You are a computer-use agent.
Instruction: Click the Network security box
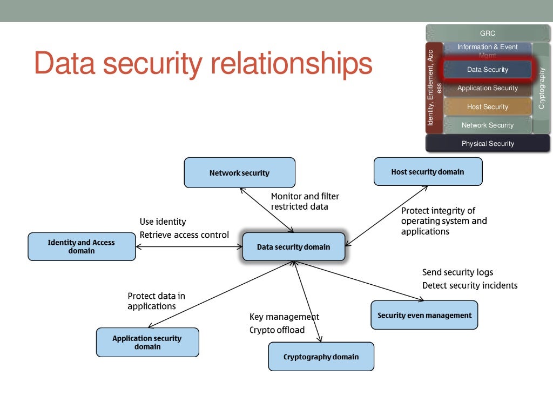click(239, 173)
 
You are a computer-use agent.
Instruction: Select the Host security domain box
click(428, 172)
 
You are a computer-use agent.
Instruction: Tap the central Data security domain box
click(293, 247)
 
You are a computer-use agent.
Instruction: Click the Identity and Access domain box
click(82, 246)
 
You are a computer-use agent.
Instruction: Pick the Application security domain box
click(147, 342)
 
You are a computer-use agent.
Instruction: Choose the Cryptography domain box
click(321, 357)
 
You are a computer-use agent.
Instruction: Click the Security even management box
click(424, 315)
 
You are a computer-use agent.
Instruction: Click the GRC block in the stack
click(487, 34)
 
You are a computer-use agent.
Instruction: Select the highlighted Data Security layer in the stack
click(487, 70)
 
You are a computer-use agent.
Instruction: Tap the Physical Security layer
click(487, 143)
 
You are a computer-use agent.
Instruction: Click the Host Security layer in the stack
click(487, 107)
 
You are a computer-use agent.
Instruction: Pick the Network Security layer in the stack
click(487, 125)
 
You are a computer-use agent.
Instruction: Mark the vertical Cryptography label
click(542, 88)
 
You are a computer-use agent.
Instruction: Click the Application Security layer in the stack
click(487, 88)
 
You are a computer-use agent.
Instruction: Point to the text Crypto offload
click(276, 330)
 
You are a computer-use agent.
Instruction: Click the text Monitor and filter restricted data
click(305, 202)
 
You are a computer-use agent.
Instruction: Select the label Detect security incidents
click(469, 285)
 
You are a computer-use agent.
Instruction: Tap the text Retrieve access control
click(184, 235)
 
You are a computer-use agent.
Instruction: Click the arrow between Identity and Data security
click(189, 247)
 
